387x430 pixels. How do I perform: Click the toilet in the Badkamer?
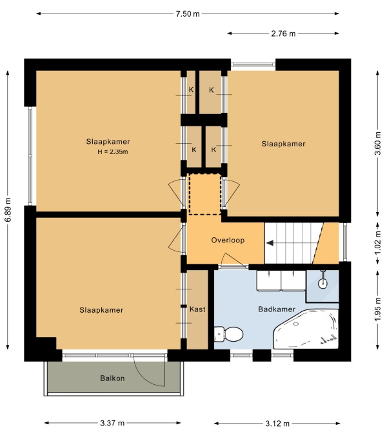tap(228, 334)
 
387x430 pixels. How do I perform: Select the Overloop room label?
tap(228, 240)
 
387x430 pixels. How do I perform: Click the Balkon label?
tap(112, 378)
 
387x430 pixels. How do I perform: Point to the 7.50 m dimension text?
tap(188, 14)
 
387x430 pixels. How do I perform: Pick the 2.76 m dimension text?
tap(283, 34)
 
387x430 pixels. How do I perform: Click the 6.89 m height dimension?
tap(8, 210)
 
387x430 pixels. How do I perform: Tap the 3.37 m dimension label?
tap(112, 423)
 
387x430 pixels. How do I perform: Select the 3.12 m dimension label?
tap(277, 424)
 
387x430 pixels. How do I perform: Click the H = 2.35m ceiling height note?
tap(113, 151)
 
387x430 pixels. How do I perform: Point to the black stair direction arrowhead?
tap(270, 243)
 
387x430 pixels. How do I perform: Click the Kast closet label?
tap(197, 309)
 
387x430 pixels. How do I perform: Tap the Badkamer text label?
tap(277, 309)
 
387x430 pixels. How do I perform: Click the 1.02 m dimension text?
tap(378, 242)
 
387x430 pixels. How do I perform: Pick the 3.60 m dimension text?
tap(378, 143)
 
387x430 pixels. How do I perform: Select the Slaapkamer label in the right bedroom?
tap(283, 144)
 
